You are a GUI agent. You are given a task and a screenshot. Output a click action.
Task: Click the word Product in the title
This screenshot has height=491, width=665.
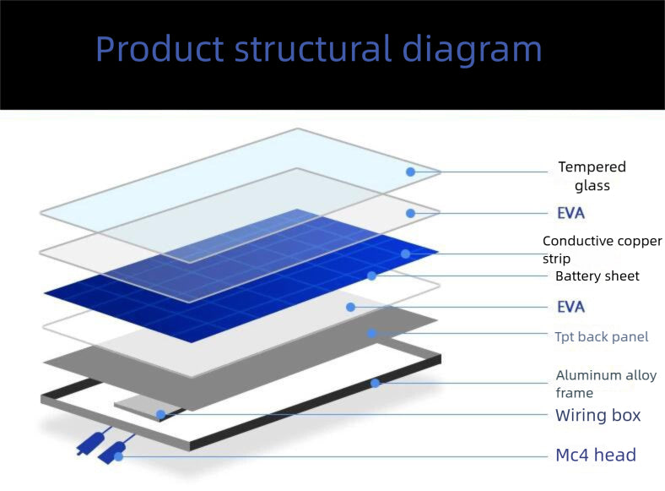tap(159, 48)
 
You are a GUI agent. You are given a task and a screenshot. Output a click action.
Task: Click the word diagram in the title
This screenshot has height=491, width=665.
tap(472, 50)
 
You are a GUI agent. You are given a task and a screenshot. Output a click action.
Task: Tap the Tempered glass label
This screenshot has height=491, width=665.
tap(592, 176)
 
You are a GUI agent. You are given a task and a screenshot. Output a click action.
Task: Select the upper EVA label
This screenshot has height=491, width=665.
tap(570, 213)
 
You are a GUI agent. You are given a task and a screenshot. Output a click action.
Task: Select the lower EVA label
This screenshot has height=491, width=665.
tap(570, 307)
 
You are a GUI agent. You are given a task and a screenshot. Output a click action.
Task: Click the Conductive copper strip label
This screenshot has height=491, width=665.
tap(603, 249)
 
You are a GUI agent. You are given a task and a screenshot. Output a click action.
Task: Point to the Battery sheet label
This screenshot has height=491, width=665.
tap(597, 276)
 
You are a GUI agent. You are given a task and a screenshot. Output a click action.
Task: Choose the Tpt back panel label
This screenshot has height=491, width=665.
tap(602, 337)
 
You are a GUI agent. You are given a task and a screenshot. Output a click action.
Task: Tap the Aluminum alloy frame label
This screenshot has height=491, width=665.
tap(606, 384)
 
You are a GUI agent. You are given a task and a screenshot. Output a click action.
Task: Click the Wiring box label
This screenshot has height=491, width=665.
tap(598, 415)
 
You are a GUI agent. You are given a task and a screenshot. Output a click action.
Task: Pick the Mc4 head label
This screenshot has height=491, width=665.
tap(596, 455)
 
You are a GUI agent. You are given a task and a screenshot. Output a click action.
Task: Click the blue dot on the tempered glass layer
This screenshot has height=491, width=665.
tap(410, 172)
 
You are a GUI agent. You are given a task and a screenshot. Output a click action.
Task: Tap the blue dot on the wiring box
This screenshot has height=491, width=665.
tap(160, 414)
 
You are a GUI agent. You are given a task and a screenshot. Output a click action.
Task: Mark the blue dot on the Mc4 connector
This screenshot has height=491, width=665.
tap(119, 456)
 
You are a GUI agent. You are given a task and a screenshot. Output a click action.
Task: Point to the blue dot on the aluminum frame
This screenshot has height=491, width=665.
tap(375, 384)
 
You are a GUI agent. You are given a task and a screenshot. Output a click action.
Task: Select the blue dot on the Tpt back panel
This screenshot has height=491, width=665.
tap(372, 334)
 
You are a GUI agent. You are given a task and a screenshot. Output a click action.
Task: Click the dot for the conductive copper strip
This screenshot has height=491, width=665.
tap(405, 254)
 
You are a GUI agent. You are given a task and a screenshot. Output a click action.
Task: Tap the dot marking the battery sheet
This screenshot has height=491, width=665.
tap(372, 276)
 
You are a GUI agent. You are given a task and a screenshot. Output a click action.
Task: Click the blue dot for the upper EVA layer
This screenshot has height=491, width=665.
tap(410, 213)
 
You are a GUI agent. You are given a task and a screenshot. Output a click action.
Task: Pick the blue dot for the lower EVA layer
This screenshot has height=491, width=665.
tap(351, 307)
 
